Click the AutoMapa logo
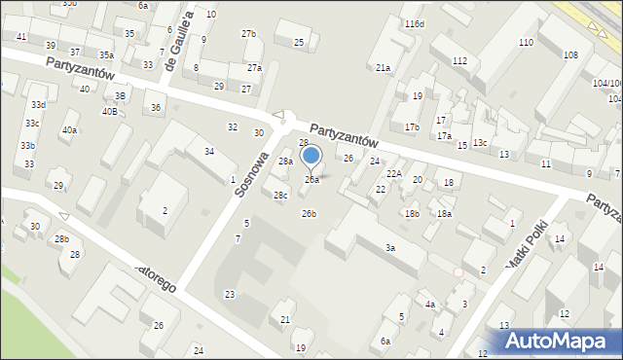pos(558,341)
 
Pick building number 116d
pos(416,23)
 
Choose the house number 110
pos(526,43)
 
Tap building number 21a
pos(384,68)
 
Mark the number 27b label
pos(249,34)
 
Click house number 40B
pos(110,111)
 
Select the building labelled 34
pos(209,151)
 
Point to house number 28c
pos(280,196)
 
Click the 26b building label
pos(309,213)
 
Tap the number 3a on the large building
pos(389,248)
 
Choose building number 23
pos(230,294)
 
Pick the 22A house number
pos(394,173)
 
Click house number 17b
pos(412,127)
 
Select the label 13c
pos(480,143)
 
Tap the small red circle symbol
pos(458,272)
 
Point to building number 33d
pos(38,104)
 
